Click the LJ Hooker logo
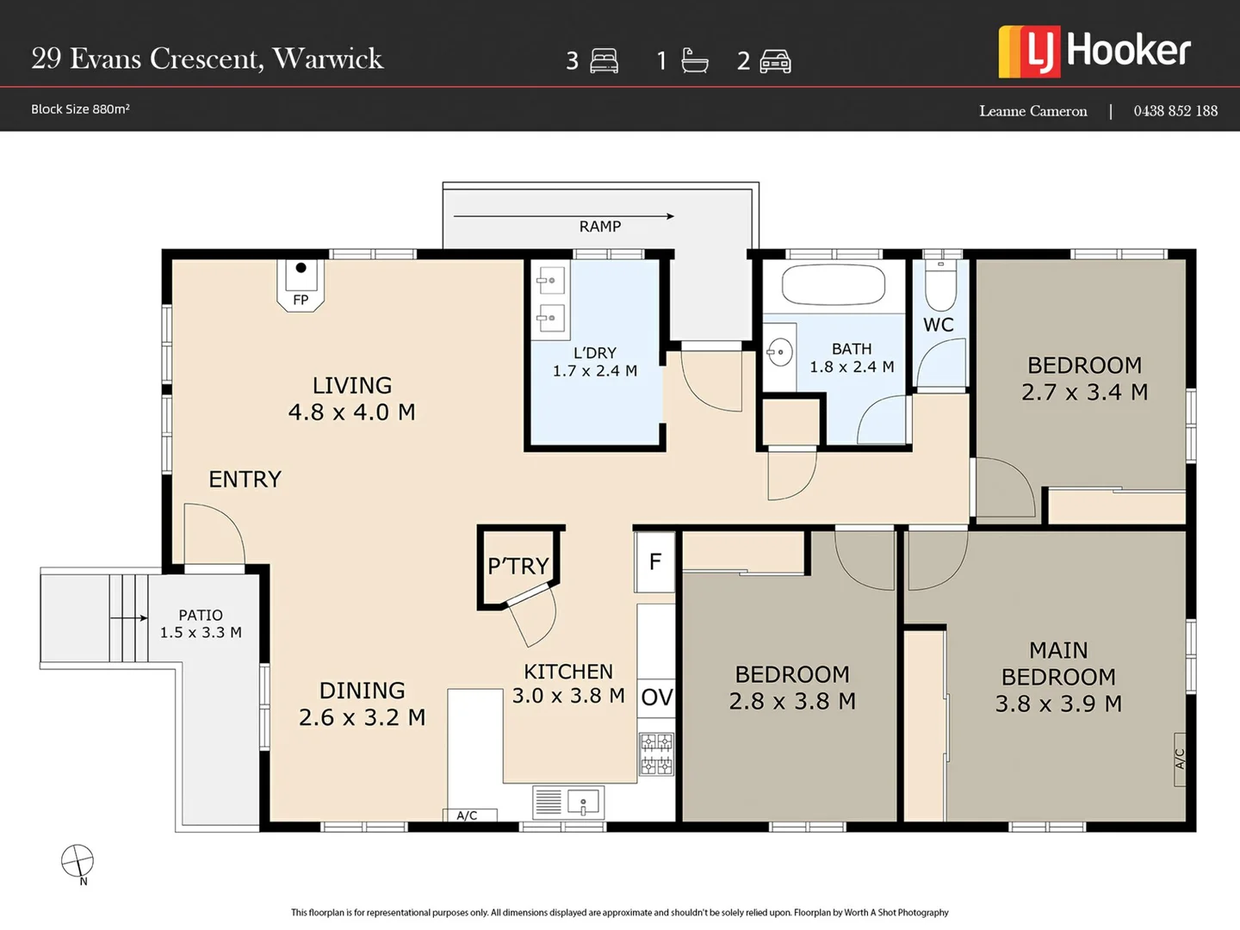[1094, 52]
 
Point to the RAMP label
[600, 226]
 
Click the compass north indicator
[77, 861]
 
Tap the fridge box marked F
[655, 562]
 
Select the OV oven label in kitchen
[656, 697]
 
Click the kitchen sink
[583, 803]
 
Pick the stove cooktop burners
[656, 754]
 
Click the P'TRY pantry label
[518, 566]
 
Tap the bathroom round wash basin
[779, 352]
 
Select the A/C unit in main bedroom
[1180, 759]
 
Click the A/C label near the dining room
[468, 815]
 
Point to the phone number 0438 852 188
[1175, 111]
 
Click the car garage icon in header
[775, 61]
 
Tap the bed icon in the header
[604, 61]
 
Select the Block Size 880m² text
[80, 109]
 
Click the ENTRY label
[245, 480]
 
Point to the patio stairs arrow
[129, 618]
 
